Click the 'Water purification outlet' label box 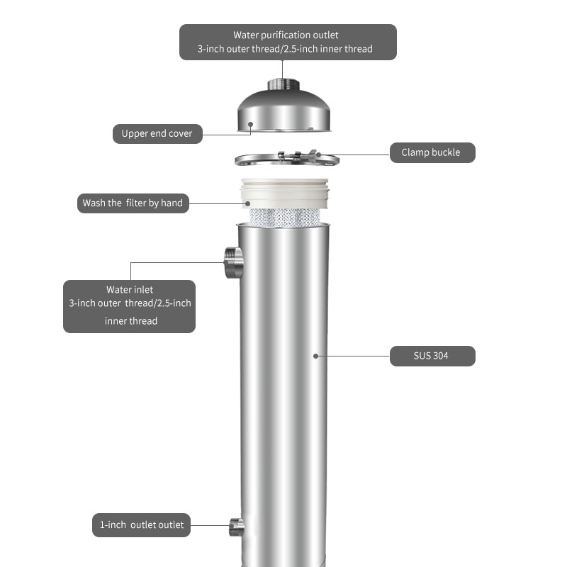(x=288, y=42)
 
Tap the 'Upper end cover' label (x=157, y=134)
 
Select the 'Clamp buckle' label (x=432, y=152)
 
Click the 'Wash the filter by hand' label (x=133, y=203)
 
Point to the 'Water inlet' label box (x=129, y=306)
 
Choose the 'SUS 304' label (x=432, y=356)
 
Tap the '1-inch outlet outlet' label (x=141, y=525)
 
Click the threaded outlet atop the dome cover (x=283, y=84)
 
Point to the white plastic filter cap (x=284, y=193)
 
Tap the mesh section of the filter (x=285, y=217)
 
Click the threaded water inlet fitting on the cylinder (x=234, y=263)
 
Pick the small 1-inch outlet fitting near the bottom (x=237, y=527)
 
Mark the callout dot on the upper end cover (x=250, y=125)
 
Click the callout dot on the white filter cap (x=247, y=203)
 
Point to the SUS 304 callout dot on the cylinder (x=315, y=357)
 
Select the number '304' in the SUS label (x=440, y=356)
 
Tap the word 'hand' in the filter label (x=172, y=203)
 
